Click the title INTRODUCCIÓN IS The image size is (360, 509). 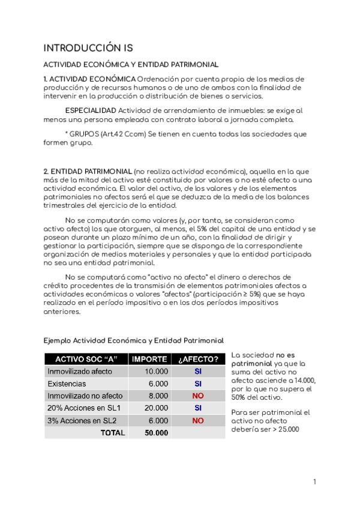pyautogui.click(x=89, y=48)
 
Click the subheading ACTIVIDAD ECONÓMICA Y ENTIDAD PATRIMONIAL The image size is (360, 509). pyautogui.click(x=131, y=64)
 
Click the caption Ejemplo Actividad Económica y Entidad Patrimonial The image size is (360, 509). pyautogui.click(x=134, y=340)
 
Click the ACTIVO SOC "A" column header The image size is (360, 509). pyautogui.click(x=86, y=359)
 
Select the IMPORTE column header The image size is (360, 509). pyautogui.click(x=149, y=359)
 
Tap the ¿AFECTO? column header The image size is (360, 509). pyautogui.click(x=198, y=359)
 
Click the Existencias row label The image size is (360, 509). pyautogui.click(x=67, y=384)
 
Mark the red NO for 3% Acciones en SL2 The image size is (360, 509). pyautogui.click(x=198, y=421)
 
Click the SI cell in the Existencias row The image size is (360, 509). pyautogui.click(x=198, y=384)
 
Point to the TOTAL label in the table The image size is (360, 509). pyautogui.click(x=113, y=433)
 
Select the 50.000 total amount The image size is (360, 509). pyautogui.click(x=156, y=433)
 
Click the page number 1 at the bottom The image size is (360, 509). pyautogui.click(x=314, y=482)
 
